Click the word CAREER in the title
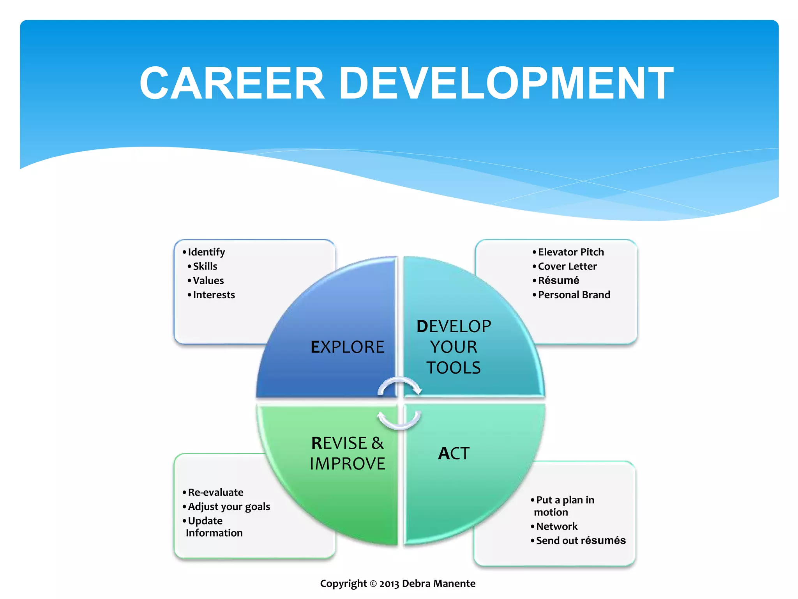coord(232,83)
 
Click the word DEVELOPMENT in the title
coord(506,83)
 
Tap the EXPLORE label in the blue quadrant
coord(347,347)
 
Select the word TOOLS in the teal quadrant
coord(454,368)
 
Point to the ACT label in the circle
coord(454,453)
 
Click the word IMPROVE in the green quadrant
coord(347,464)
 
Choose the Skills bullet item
coord(205,266)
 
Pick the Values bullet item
coord(208,280)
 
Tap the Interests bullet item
coord(214,295)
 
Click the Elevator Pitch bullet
coord(571,252)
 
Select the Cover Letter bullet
coord(567,266)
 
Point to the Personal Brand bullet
coord(574,295)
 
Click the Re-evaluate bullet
coord(215,492)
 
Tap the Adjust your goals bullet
coord(229,507)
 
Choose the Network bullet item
coord(557,526)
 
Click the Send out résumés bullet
coord(581,541)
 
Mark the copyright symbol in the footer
coord(373,584)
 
